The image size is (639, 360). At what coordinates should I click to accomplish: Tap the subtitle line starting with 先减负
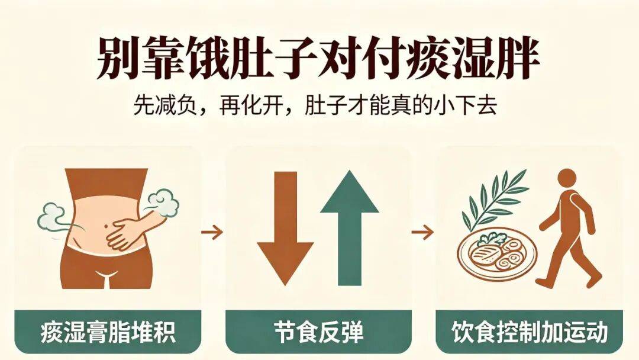pyautogui.click(x=315, y=106)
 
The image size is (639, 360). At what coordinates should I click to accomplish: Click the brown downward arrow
pyautogui.click(x=285, y=228)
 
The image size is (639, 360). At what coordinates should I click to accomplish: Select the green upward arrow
pyautogui.click(x=350, y=228)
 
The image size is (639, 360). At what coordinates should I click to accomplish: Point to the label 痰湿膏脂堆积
pyautogui.click(x=108, y=332)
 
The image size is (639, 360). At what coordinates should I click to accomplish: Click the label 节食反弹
pyautogui.click(x=318, y=332)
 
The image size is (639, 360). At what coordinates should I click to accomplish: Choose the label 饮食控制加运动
pyautogui.click(x=530, y=332)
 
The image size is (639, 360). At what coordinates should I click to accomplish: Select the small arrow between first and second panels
pyautogui.click(x=212, y=232)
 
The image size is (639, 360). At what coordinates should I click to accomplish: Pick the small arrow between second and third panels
pyautogui.click(x=422, y=232)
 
